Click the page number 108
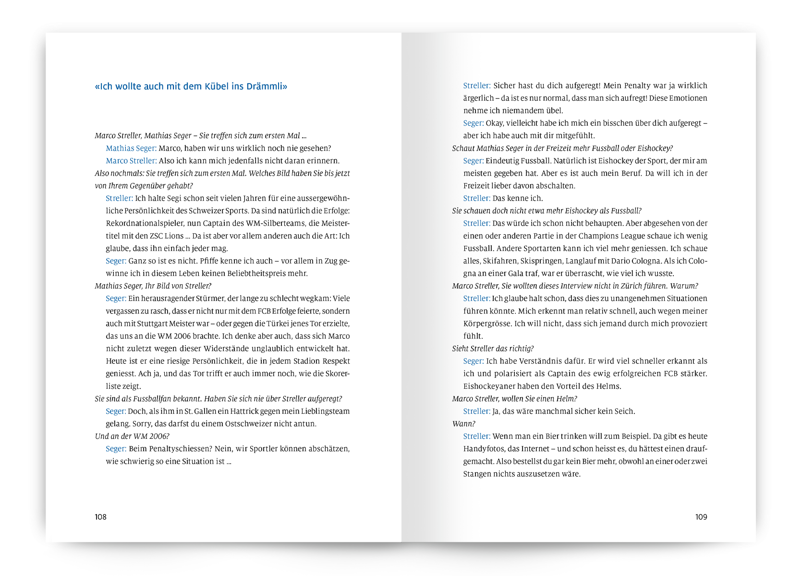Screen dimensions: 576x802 (100, 517)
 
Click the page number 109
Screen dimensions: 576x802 (701, 517)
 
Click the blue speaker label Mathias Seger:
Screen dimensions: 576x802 (131, 148)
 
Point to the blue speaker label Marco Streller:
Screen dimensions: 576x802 (131, 161)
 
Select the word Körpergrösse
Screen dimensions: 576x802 (487, 324)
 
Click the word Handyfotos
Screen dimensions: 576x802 (484, 449)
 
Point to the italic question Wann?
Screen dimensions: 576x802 (464, 424)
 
